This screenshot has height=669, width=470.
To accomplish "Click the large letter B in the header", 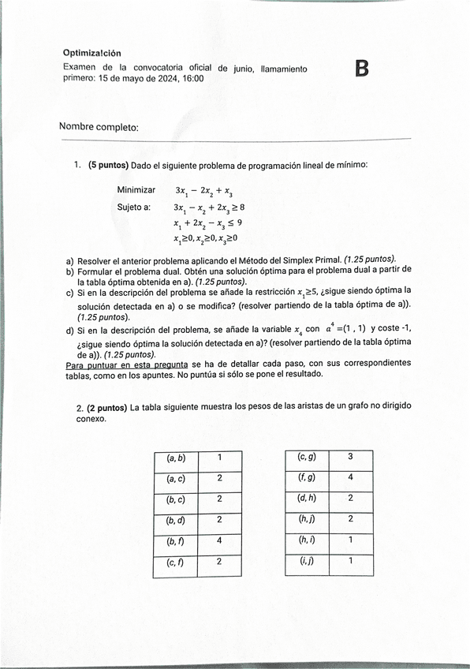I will pos(362,69).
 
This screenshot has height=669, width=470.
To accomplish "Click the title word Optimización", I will pos(92,53).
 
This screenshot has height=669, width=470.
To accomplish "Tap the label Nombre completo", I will pos(99,127).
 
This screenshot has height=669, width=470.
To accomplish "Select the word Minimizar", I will pos(136,190).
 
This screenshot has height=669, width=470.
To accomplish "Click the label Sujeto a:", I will pos(134,207).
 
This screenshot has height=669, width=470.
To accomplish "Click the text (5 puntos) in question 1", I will pos(109,166).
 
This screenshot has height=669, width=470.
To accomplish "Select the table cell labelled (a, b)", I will pos(175,458).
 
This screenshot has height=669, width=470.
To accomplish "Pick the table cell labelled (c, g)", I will pos(306,457).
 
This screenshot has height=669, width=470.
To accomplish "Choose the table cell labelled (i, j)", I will pos(306,561).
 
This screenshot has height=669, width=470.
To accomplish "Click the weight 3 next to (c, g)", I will pos(350,457).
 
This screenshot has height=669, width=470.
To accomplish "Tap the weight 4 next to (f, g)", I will pos(350,477).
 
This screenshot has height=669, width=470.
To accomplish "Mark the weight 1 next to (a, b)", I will pos(219,458).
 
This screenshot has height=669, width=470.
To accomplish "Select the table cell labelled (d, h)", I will pos(306,499).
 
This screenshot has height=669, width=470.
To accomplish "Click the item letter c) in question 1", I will pos(70,291).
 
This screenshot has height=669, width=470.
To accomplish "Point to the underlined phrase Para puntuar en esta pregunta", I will pos(126,365).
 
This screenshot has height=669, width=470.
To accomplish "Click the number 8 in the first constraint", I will pos(241,207).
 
